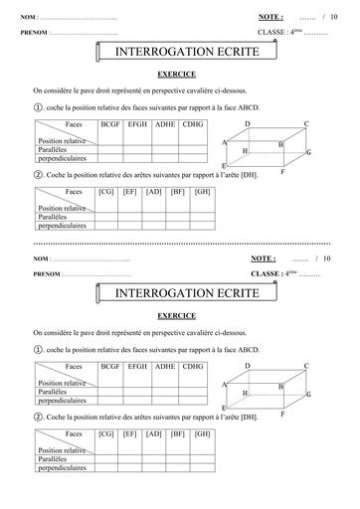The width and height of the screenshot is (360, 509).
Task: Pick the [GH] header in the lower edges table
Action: click(203, 433)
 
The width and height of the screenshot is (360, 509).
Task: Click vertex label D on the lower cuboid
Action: click(248, 367)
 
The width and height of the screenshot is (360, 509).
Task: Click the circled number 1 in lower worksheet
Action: click(38, 349)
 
